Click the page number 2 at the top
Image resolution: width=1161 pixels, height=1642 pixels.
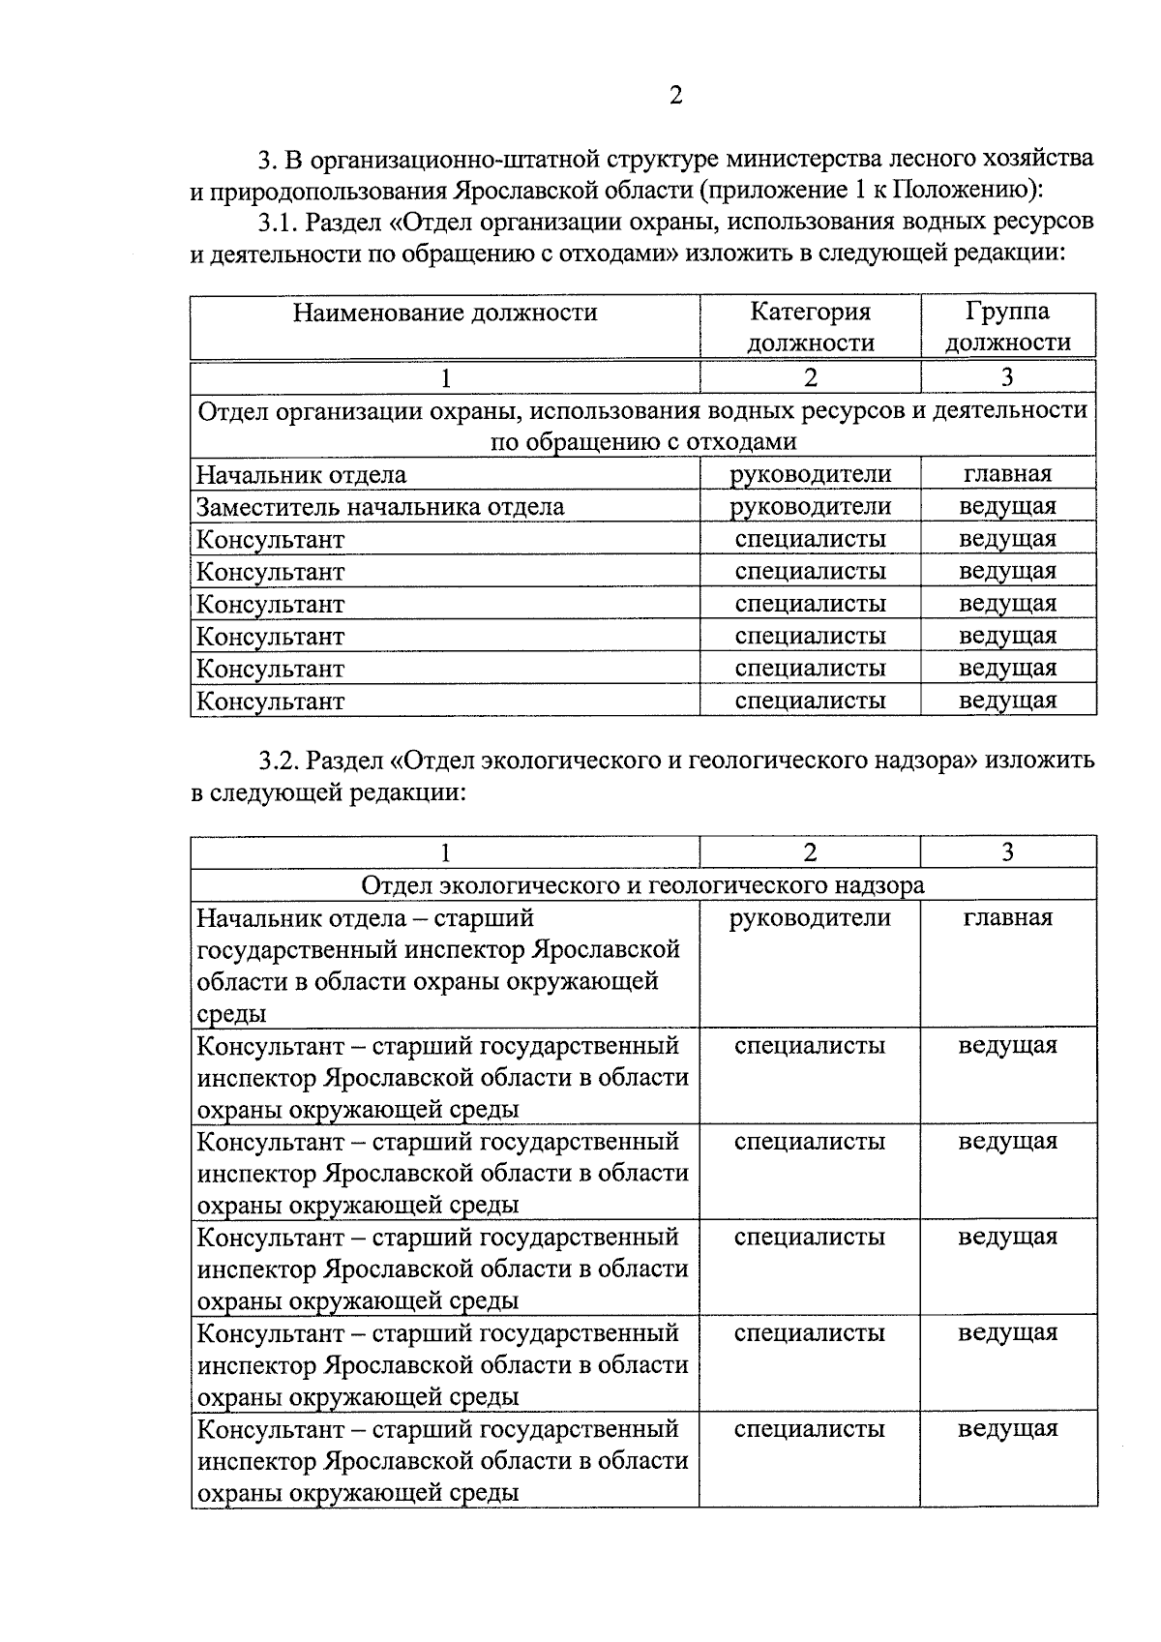pos(675,95)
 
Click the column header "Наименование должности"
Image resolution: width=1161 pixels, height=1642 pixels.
pos(445,313)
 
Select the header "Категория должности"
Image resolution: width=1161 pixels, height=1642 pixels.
pos(811,327)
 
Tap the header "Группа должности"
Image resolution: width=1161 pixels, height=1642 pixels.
pos(1007,327)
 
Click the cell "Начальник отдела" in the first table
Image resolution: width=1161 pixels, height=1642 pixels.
pos(301,475)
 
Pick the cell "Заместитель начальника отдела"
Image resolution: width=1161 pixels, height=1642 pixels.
pos(380,507)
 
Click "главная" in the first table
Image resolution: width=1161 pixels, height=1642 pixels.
pos(1007,474)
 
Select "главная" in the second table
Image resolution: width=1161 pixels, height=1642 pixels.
pos(1007,917)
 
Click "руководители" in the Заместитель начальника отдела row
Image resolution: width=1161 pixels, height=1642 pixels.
pos(811,506)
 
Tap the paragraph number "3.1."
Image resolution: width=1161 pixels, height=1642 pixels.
pos(278,222)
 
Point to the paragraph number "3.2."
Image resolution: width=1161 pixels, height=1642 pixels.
pos(278,761)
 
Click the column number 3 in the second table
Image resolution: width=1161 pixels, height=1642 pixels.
pos(1007,852)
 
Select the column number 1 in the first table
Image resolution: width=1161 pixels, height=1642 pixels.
pos(445,377)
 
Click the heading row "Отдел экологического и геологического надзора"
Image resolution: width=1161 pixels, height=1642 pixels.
pos(642,884)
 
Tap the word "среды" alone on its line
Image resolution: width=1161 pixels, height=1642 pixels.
pos(231,1014)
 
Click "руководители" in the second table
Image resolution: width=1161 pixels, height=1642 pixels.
pos(811,917)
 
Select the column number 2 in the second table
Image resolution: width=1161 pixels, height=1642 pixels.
pos(810,852)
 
